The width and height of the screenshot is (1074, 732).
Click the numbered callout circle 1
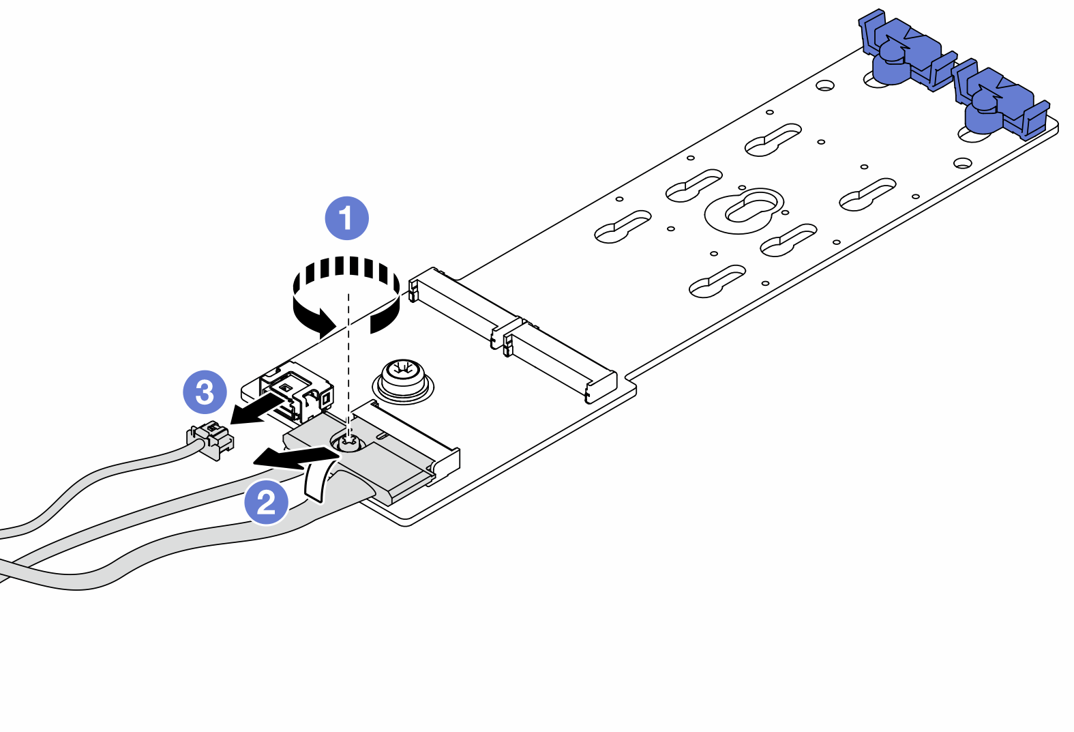[x=346, y=218]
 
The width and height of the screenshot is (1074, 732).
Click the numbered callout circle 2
[x=267, y=503]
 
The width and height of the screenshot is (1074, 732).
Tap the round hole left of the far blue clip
[x=825, y=86]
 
